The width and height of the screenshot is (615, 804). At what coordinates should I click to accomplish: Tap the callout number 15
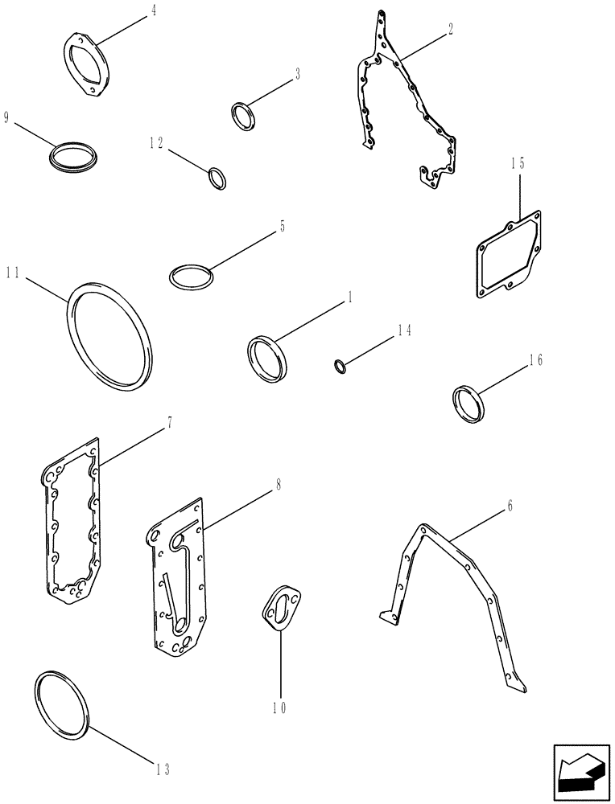tap(517, 163)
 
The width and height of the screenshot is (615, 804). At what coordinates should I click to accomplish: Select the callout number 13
tap(163, 769)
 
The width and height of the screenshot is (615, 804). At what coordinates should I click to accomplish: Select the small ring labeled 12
tap(217, 178)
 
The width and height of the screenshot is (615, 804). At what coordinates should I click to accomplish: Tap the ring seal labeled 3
tap(242, 115)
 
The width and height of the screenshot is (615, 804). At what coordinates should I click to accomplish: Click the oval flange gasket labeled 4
tap(87, 64)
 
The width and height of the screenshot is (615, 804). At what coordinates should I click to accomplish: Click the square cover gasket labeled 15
tap(506, 252)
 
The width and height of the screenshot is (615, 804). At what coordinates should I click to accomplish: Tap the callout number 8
tap(278, 485)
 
